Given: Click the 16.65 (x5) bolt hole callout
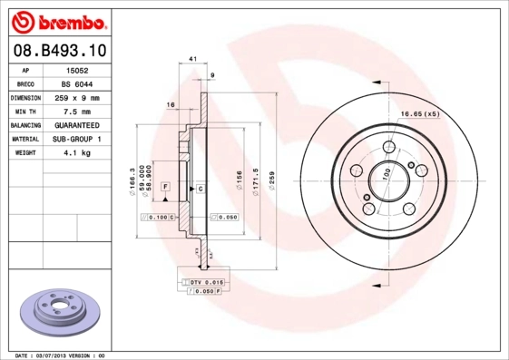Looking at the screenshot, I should (x=420, y=113).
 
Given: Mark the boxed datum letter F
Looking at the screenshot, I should (x=165, y=186).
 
